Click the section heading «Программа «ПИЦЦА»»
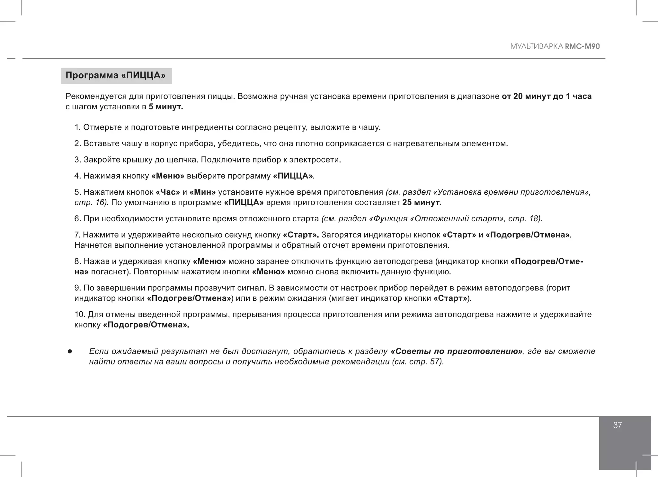[x=116, y=76]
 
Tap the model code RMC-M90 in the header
[x=582, y=46]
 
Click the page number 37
[x=617, y=425]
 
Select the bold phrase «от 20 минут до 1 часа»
[x=547, y=96]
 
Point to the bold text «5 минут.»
[x=166, y=107]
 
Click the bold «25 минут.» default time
[x=422, y=203]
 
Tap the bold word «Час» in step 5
[x=168, y=192]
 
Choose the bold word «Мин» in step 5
[x=202, y=192]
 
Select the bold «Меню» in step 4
[x=168, y=176]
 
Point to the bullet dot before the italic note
[x=69, y=352]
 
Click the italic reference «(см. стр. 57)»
[x=418, y=362]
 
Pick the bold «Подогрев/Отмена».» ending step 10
[x=146, y=325]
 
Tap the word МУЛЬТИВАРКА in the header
[x=537, y=46]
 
